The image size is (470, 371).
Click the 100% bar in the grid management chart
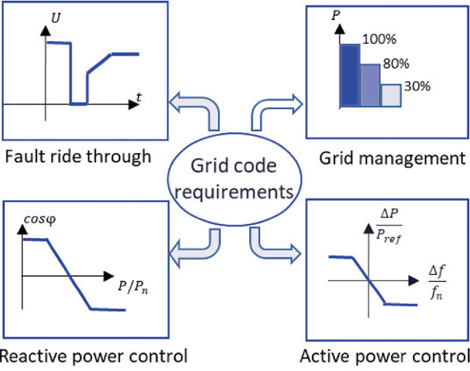349,76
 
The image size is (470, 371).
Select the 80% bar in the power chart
370,86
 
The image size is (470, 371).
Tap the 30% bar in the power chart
390,96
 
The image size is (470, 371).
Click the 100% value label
377,41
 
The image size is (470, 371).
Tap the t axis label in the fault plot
139,97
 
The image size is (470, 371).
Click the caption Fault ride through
77,157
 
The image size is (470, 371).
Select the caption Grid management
392,159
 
